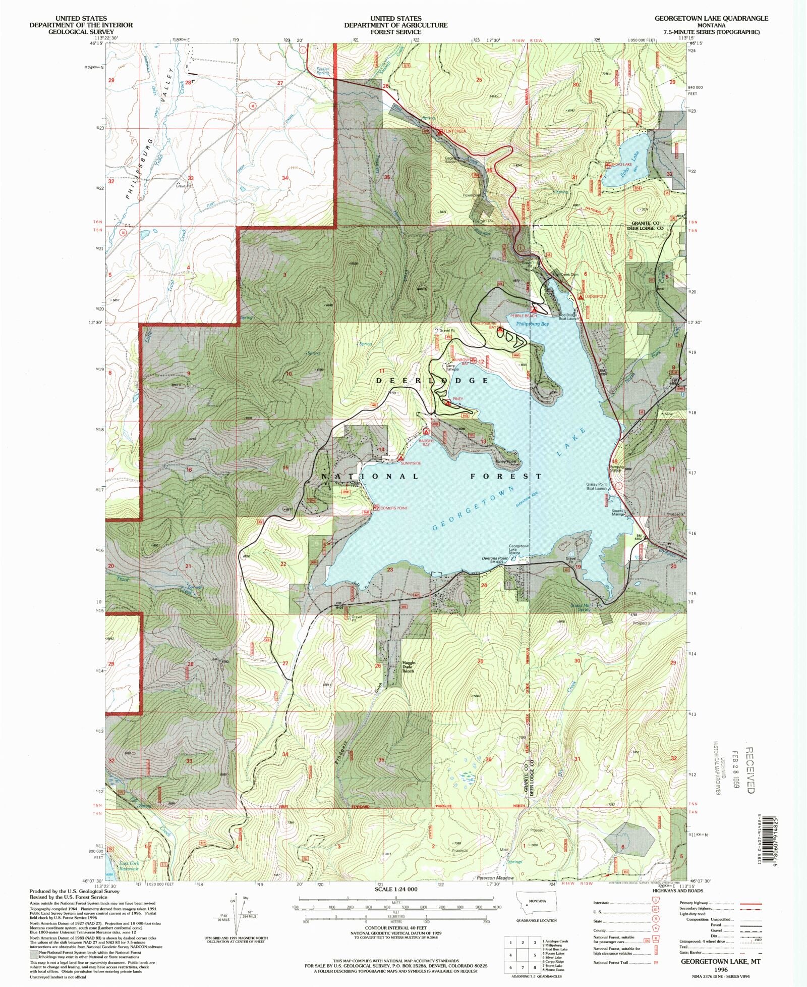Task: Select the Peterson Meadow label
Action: tap(495, 878)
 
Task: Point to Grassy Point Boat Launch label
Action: tap(596, 486)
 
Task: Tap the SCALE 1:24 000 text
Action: tap(397, 889)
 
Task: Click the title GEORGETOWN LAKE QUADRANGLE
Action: tap(711, 18)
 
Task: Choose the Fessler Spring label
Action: tap(322, 71)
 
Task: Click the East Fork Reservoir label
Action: tap(129, 866)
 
